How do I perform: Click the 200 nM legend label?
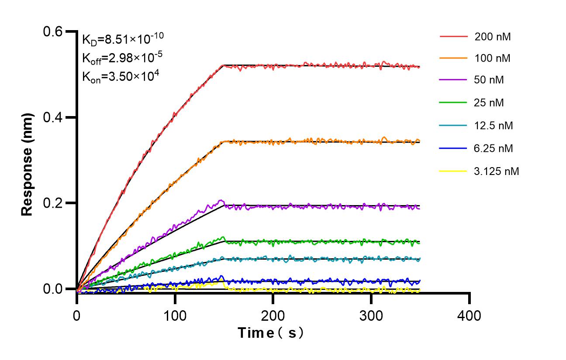coord(493,37)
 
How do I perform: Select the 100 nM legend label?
coord(493,58)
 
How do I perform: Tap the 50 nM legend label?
coord(489,80)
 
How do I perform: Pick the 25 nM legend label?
coord(489,103)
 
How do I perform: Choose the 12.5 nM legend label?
coord(494,126)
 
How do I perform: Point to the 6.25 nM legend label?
coord(494,148)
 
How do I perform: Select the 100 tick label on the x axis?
coord(175,315)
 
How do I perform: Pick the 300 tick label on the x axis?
coord(371,315)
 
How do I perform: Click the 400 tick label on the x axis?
coord(469,315)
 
